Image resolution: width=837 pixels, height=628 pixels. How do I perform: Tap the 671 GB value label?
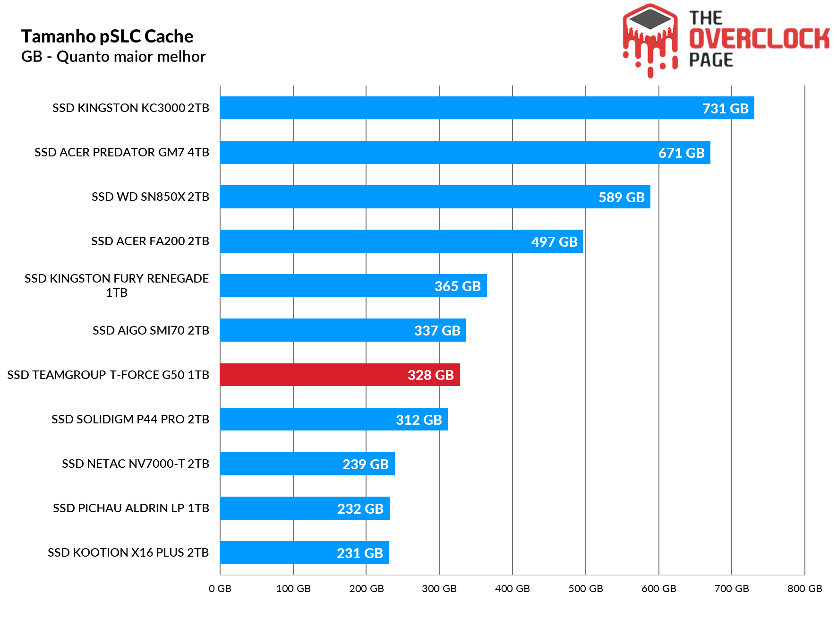click(x=681, y=153)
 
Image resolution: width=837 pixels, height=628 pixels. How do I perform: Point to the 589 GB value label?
click(x=621, y=197)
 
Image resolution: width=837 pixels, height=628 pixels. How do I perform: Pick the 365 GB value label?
click(x=457, y=286)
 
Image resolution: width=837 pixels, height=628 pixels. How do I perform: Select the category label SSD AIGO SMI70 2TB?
click(x=151, y=330)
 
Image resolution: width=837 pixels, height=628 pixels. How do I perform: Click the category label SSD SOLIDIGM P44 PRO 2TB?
click(x=130, y=419)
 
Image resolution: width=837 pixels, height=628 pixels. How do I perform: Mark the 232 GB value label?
click(x=360, y=508)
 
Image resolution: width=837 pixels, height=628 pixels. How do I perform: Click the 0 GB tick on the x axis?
click(x=220, y=588)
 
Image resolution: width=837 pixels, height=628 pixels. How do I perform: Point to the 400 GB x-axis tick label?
click(x=512, y=588)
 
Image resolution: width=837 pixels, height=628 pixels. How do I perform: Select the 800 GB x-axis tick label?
click(x=804, y=588)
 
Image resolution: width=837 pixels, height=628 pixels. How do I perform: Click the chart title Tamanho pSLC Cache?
click(x=107, y=36)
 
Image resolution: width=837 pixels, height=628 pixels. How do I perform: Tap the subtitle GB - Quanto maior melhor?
click(x=113, y=57)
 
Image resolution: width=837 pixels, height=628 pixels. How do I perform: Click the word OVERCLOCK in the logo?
click(x=759, y=39)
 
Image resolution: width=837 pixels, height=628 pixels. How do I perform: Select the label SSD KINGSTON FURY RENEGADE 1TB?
click(x=117, y=285)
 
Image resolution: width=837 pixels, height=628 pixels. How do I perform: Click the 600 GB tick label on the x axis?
click(x=658, y=588)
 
